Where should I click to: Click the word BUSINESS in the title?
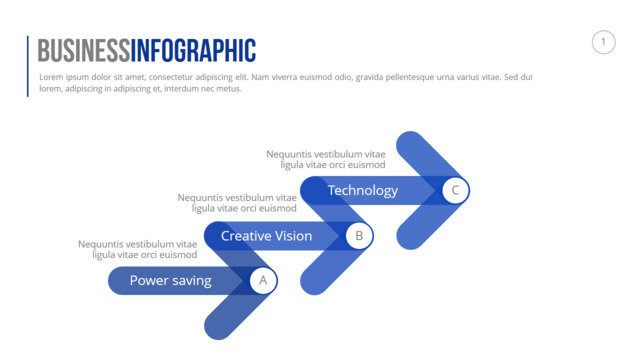click(84, 51)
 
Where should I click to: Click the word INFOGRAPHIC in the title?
click(193, 51)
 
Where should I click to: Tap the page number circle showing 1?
click(604, 42)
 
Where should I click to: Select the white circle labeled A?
click(263, 280)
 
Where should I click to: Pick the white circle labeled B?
click(359, 236)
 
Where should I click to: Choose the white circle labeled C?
click(456, 190)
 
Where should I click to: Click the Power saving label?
click(171, 281)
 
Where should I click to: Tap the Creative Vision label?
click(267, 236)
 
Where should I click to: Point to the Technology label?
click(363, 191)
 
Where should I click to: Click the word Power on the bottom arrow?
click(149, 280)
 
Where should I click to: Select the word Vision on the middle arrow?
click(293, 236)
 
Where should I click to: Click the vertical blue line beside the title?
click(28, 66)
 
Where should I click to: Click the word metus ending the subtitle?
click(230, 89)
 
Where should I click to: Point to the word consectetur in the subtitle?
click(171, 77)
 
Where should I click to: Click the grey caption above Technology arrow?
click(326, 160)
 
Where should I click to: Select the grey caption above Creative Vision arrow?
click(237, 203)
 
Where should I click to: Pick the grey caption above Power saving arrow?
click(138, 249)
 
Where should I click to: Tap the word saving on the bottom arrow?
click(191, 281)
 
